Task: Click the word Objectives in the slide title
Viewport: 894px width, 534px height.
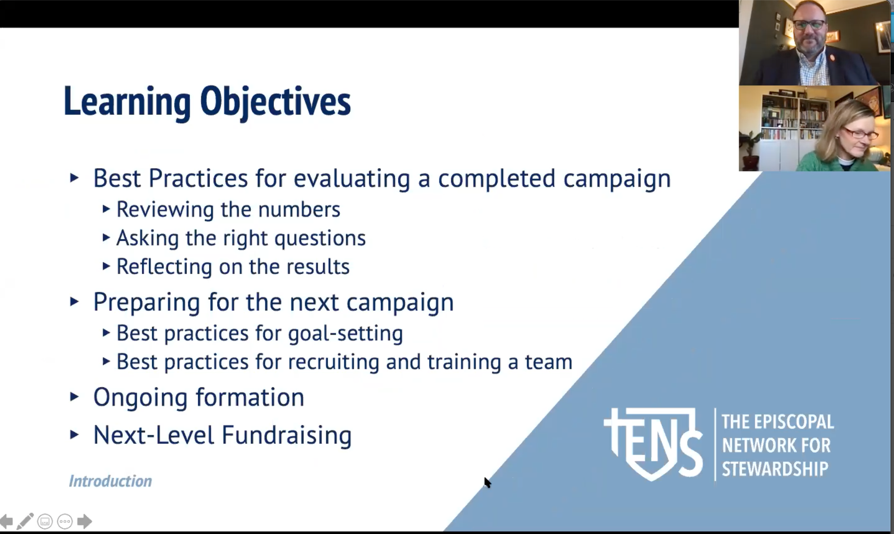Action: click(275, 103)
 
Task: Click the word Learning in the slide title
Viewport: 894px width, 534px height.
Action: click(127, 103)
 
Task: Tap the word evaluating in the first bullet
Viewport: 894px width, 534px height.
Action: click(352, 179)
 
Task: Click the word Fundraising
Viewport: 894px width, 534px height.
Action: click(286, 435)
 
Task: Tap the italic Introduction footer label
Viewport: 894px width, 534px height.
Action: click(110, 481)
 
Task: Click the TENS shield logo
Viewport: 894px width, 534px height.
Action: click(653, 444)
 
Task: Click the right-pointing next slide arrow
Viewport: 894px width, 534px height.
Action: click(85, 521)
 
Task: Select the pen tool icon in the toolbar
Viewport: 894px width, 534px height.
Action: click(25, 521)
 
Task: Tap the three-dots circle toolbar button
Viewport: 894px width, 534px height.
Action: click(65, 521)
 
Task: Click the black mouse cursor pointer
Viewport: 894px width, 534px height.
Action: click(487, 482)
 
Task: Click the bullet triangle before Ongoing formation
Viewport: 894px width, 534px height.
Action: click(74, 397)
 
